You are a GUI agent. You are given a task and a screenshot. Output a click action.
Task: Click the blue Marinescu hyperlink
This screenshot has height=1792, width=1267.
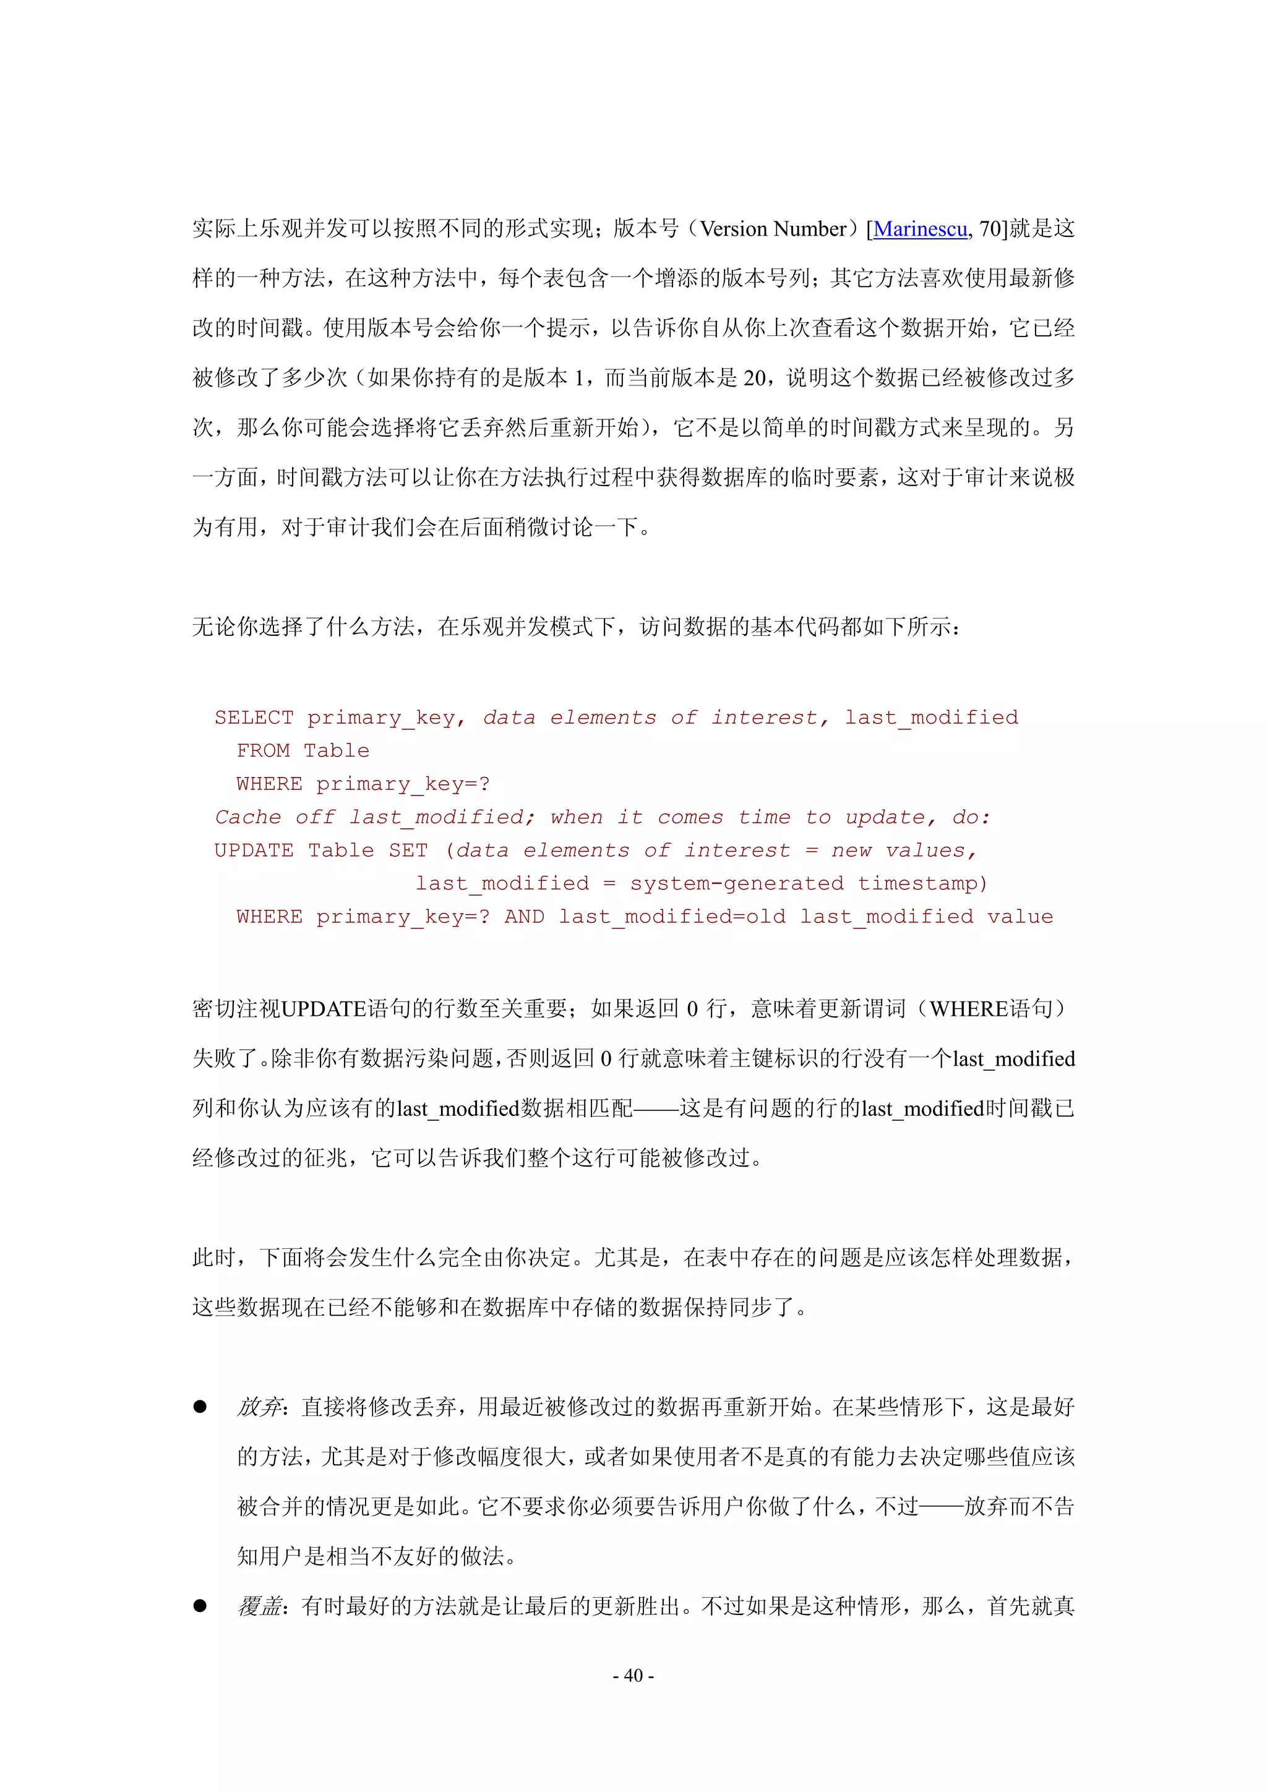919,229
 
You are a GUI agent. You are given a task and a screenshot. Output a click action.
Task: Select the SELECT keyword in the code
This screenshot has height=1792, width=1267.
254,718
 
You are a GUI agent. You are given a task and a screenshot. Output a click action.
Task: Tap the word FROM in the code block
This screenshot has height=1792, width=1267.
262,751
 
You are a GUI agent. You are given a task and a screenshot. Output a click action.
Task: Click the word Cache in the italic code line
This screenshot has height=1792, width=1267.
247,817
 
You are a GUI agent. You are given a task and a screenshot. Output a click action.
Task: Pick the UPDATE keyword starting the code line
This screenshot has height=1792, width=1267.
254,850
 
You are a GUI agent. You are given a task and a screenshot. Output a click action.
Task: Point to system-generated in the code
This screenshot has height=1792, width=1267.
736,883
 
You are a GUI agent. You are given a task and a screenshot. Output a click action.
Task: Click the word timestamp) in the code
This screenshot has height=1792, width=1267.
923,883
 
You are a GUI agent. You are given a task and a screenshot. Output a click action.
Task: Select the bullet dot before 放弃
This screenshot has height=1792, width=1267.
200,1407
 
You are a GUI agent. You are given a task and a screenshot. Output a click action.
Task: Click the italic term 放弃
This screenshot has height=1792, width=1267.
259,1407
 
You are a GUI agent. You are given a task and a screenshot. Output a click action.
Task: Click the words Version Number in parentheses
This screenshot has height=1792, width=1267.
773,229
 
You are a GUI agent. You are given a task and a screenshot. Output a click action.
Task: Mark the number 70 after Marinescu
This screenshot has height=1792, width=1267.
990,229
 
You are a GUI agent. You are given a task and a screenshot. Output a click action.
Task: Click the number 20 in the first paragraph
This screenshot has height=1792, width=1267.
754,378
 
